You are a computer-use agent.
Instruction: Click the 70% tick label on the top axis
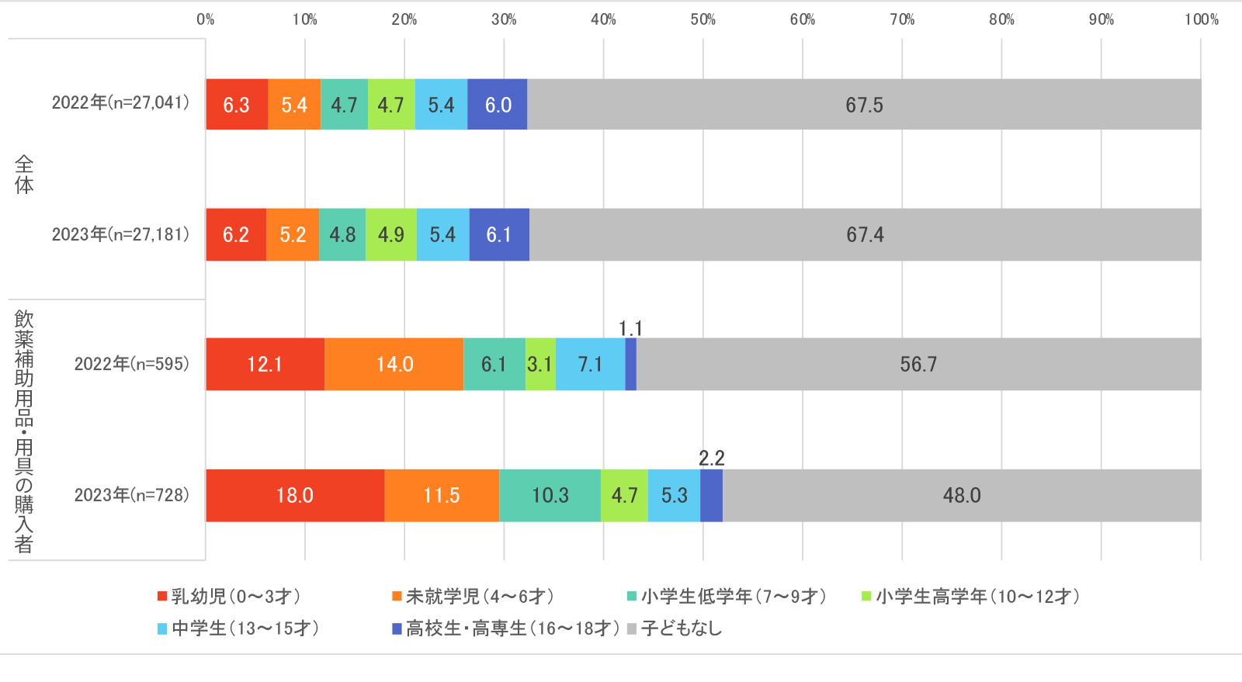click(901, 19)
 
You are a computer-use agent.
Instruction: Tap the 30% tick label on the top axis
click(503, 19)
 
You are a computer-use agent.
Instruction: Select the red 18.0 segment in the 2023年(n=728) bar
click(295, 495)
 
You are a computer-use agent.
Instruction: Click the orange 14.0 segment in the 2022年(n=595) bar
click(394, 364)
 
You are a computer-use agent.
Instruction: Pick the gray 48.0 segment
click(962, 495)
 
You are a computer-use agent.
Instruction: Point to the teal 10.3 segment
click(550, 495)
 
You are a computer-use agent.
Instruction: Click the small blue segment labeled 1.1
click(631, 364)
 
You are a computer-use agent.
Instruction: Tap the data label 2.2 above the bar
click(711, 459)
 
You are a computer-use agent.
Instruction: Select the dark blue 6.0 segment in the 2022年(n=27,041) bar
click(498, 105)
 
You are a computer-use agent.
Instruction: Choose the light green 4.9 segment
click(391, 234)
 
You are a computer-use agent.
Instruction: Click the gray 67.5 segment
click(864, 105)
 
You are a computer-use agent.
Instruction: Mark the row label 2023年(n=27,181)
click(120, 234)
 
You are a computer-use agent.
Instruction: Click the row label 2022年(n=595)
click(131, 364)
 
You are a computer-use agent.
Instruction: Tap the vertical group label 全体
click(24, 174)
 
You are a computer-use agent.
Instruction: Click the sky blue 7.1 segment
click(590, 364)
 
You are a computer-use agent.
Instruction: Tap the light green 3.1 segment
click(539, 364)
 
